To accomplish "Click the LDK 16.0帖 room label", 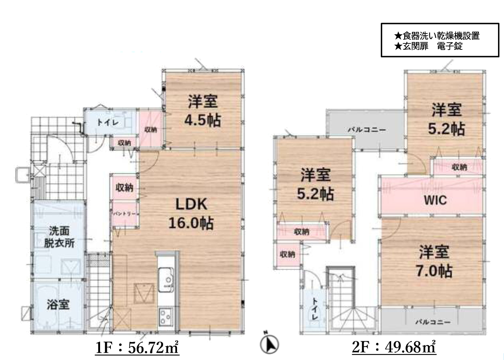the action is [191, 214].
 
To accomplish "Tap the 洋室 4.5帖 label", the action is [203, 111].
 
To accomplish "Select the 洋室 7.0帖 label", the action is [434, 261].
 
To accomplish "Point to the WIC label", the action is [435, 200].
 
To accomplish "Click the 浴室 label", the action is [58, 305].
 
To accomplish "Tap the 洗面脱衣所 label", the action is [59, 237].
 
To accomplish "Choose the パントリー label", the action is [124, 214].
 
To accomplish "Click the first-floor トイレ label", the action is [108, 123].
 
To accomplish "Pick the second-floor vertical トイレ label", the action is [315, 309].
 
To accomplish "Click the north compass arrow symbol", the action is [269, 344].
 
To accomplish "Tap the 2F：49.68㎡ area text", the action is [394, 347].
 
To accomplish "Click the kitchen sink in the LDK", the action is [166, 280].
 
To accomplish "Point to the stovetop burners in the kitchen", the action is [165, 317].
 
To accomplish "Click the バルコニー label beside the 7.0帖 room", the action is [433, 322].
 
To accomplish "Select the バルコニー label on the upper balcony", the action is [367, 130].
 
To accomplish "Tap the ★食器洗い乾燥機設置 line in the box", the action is [437, 36].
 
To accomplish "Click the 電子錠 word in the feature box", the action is [450, 46].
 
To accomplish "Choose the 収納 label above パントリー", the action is [124, 188].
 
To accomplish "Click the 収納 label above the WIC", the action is [459, 167].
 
